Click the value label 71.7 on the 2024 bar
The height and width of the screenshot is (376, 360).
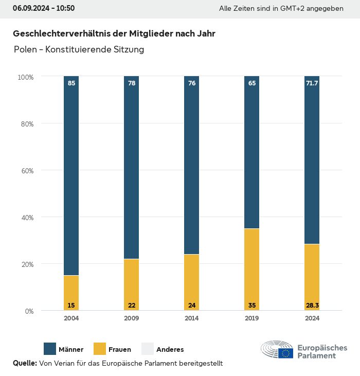pos(312,83)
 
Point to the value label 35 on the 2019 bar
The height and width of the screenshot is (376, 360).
pos(252,306)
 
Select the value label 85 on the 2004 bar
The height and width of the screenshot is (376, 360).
pos(71,83)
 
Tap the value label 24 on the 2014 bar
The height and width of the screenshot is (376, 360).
pos(192,306)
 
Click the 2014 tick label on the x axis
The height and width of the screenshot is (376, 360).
pos(192,318)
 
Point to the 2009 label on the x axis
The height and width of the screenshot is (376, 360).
pos(132,318)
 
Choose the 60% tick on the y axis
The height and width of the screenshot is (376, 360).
pos(26,171)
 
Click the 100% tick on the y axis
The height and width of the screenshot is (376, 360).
pos(25,77)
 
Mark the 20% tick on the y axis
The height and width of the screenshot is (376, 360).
pos(26,264)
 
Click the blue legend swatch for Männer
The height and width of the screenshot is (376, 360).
pos(50,349)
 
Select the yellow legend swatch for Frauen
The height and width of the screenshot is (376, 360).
pos(100,349)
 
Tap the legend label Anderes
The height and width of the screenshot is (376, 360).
pos(170,350)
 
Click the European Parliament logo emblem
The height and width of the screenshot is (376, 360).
pos(277,350)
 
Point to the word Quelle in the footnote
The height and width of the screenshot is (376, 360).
pos(25,363)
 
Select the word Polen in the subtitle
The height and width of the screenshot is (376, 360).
pos(25,50)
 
